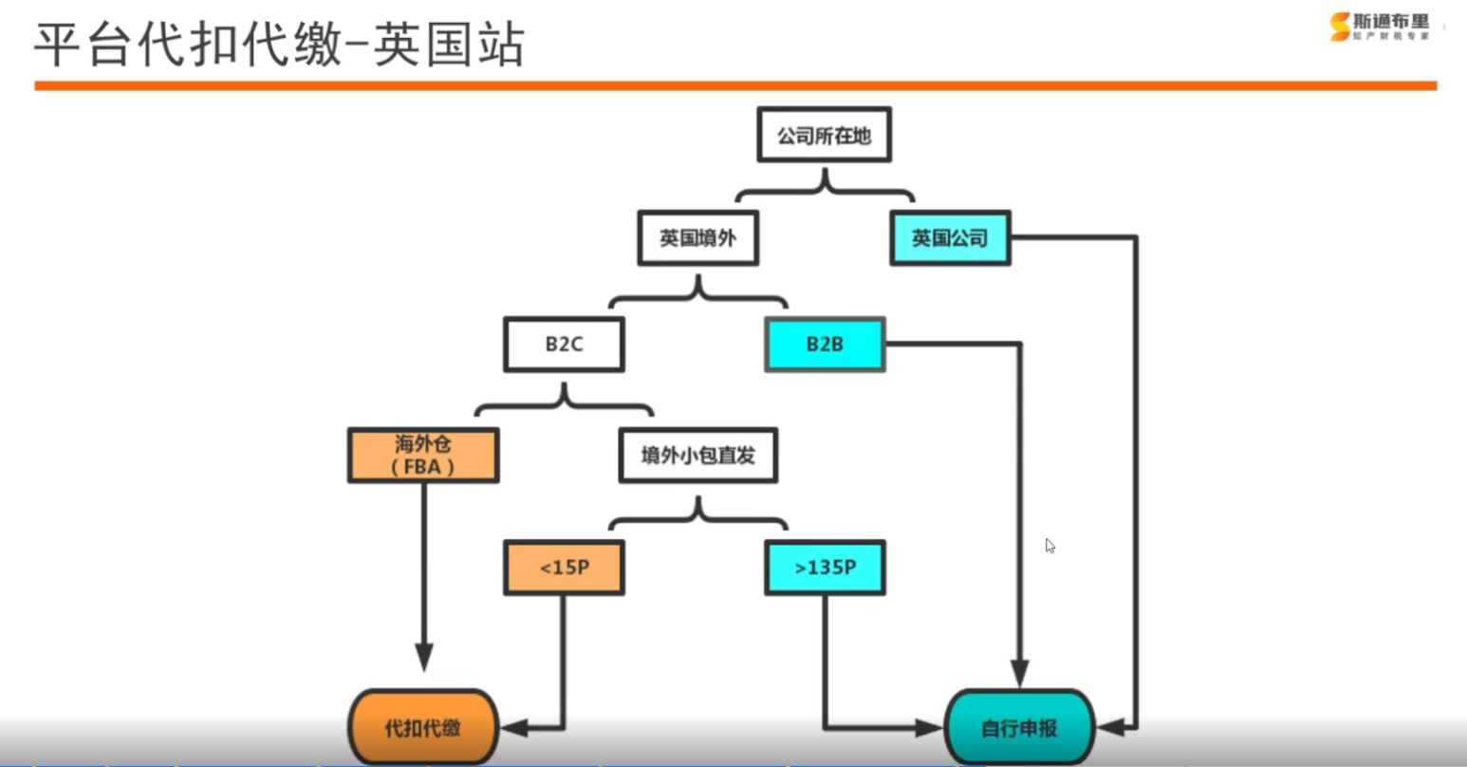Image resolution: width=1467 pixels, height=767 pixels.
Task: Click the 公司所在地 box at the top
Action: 824,135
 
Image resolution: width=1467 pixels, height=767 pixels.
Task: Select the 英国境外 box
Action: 697,238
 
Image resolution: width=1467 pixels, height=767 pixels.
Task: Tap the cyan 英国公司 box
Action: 950,238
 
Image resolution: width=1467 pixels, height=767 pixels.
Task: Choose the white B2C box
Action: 564,344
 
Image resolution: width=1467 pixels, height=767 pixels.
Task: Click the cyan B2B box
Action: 825,344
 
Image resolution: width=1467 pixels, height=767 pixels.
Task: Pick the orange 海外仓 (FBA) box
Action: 423,456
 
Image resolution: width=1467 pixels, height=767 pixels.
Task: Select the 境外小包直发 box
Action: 697,456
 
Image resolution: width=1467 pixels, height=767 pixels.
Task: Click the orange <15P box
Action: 564,568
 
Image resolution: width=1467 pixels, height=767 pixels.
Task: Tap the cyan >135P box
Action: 825,568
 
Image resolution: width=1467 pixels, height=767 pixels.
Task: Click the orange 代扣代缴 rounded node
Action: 423,728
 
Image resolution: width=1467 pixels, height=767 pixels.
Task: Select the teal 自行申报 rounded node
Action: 1019,728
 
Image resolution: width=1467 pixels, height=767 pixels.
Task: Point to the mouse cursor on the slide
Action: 1049,546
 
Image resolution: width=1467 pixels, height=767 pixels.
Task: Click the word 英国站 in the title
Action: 449,45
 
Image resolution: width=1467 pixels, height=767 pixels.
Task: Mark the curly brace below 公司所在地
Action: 825,187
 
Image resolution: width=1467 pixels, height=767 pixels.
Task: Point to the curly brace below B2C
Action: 564,402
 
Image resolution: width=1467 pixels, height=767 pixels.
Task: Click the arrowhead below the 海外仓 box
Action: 423,657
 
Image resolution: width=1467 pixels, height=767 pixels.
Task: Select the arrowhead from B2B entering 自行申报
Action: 1019,673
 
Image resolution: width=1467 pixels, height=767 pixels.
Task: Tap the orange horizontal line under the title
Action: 735,85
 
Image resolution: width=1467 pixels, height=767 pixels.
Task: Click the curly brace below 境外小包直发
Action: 697,514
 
